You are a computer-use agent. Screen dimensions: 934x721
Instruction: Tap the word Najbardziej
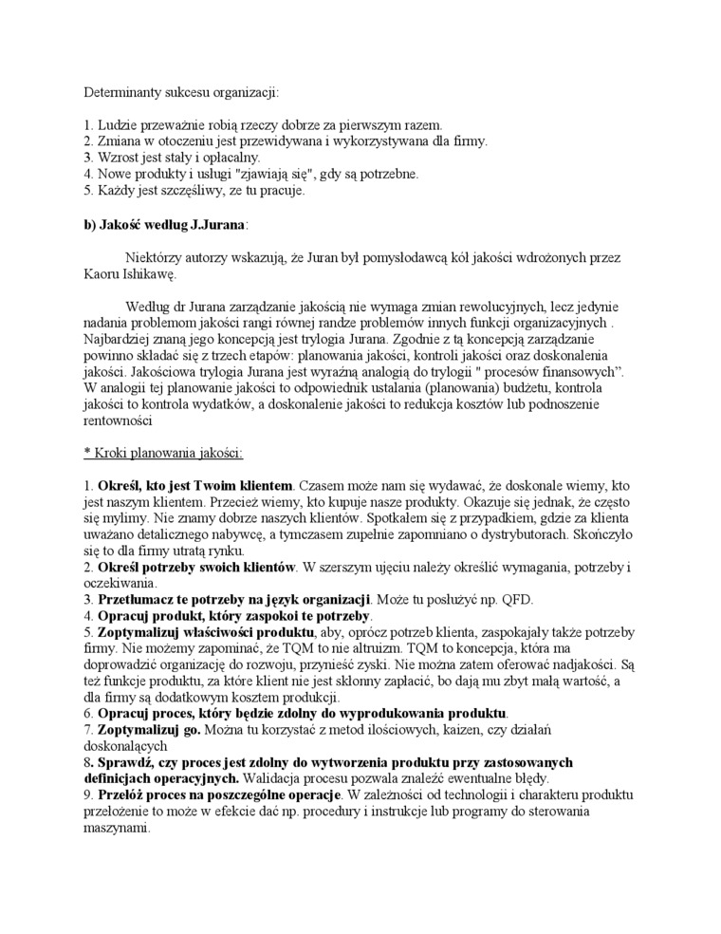110,339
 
